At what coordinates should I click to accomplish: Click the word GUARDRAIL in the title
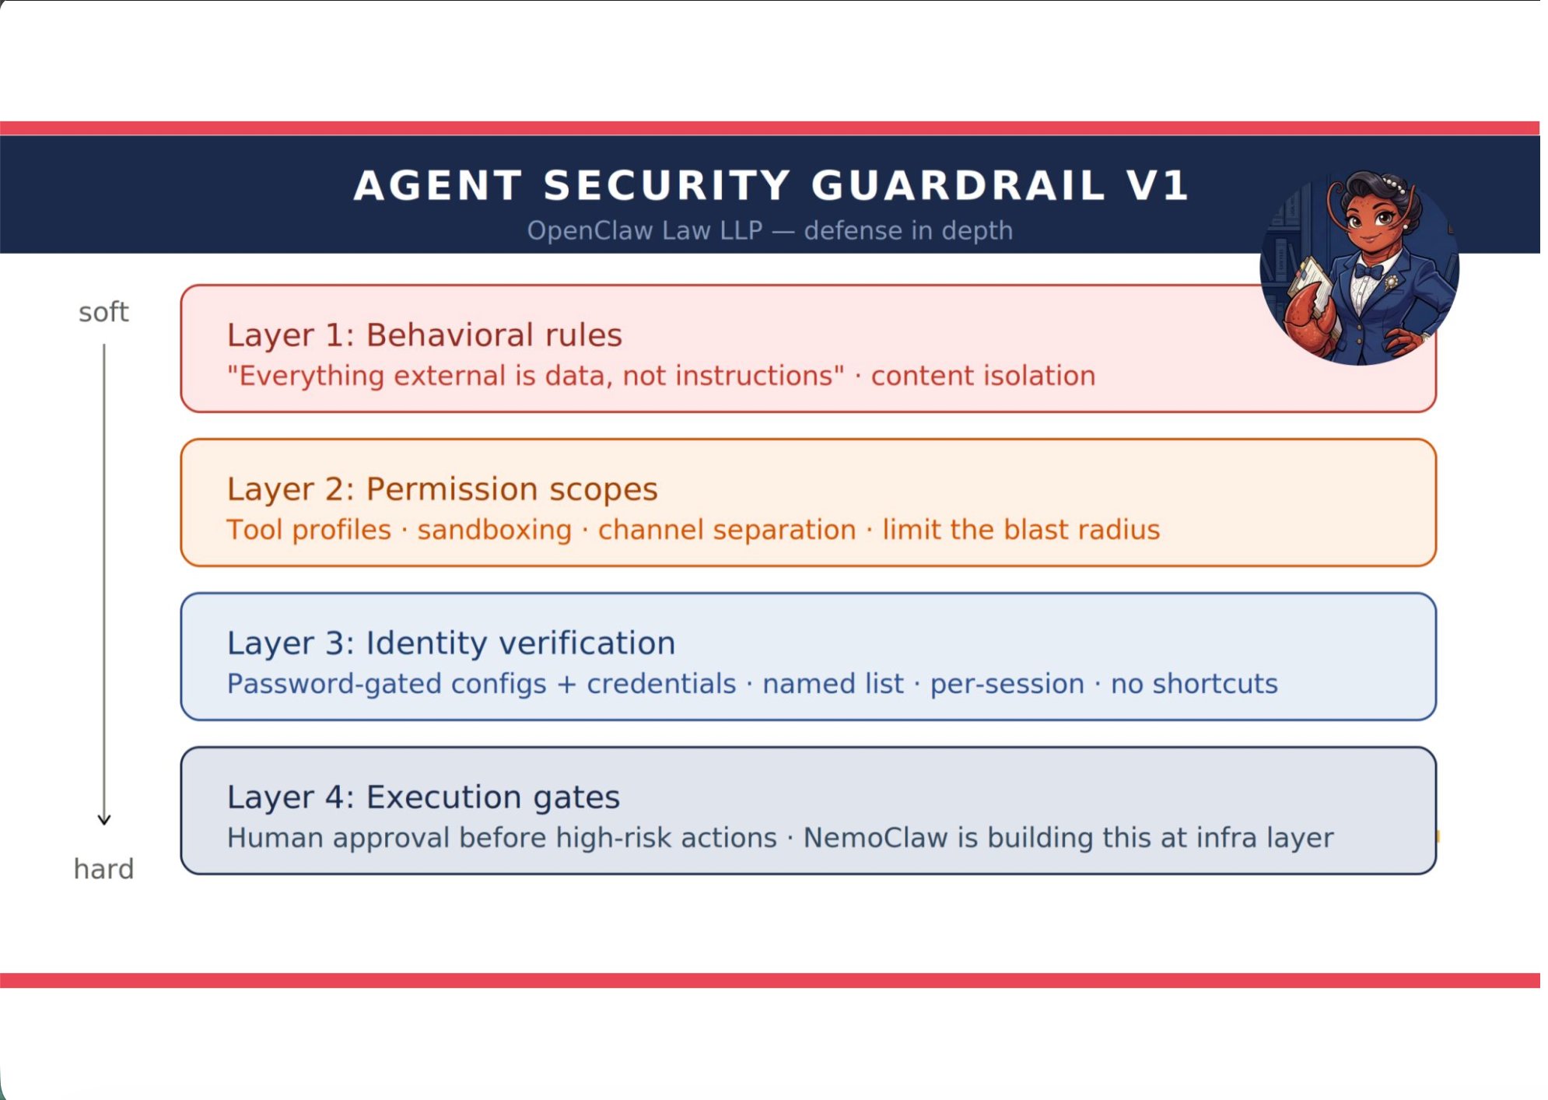coord(958,186)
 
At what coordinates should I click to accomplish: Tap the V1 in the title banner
coord(1157,186)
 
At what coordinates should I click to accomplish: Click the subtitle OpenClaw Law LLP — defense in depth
coord(769,231)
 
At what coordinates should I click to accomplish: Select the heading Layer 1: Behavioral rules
coord(424,335)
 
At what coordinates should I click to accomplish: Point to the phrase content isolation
coord(983,377)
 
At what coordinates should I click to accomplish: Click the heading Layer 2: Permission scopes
coord(442,489)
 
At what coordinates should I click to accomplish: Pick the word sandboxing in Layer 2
coord(495,531)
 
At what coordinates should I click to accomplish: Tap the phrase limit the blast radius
coord(1021,531)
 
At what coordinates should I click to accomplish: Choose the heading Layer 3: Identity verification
coord(451,643)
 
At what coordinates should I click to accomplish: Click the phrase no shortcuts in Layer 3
coord(1194,685)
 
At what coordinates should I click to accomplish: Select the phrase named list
coord(833,685)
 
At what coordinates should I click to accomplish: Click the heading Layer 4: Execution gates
coord(423,797)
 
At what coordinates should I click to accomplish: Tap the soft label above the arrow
coord(103,313)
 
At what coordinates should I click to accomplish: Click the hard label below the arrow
coord(103,869)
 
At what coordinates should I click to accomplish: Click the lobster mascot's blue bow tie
coord(1368,271)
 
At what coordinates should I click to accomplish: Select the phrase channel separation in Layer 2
coord(727,531)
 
